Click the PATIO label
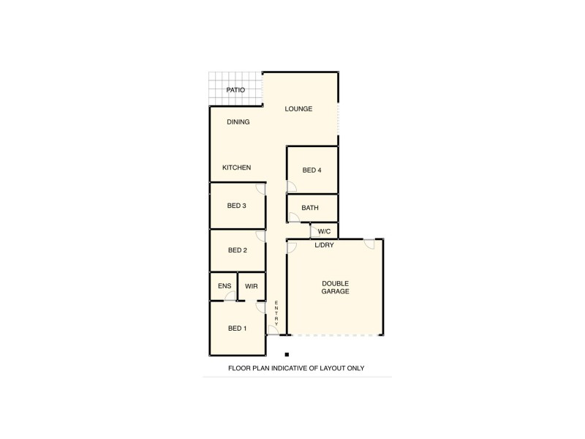(235, 91)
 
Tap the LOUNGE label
(298, 109)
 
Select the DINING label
(238, 122)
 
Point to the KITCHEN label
(237, 168)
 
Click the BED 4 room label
(312, 170)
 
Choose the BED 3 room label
(236, 206)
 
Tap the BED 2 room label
(237, 250)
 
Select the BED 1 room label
(237, 329)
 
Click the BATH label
(310, 208)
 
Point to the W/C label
(325, 231)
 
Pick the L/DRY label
(324, 245)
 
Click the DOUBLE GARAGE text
(336, 288)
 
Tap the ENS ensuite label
(224, 286)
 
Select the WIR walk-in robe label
(250, 286)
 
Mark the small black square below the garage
(287, 354)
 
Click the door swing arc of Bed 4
(291, 187)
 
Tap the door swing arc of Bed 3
(260, 189)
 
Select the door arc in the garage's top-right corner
(370, 244)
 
